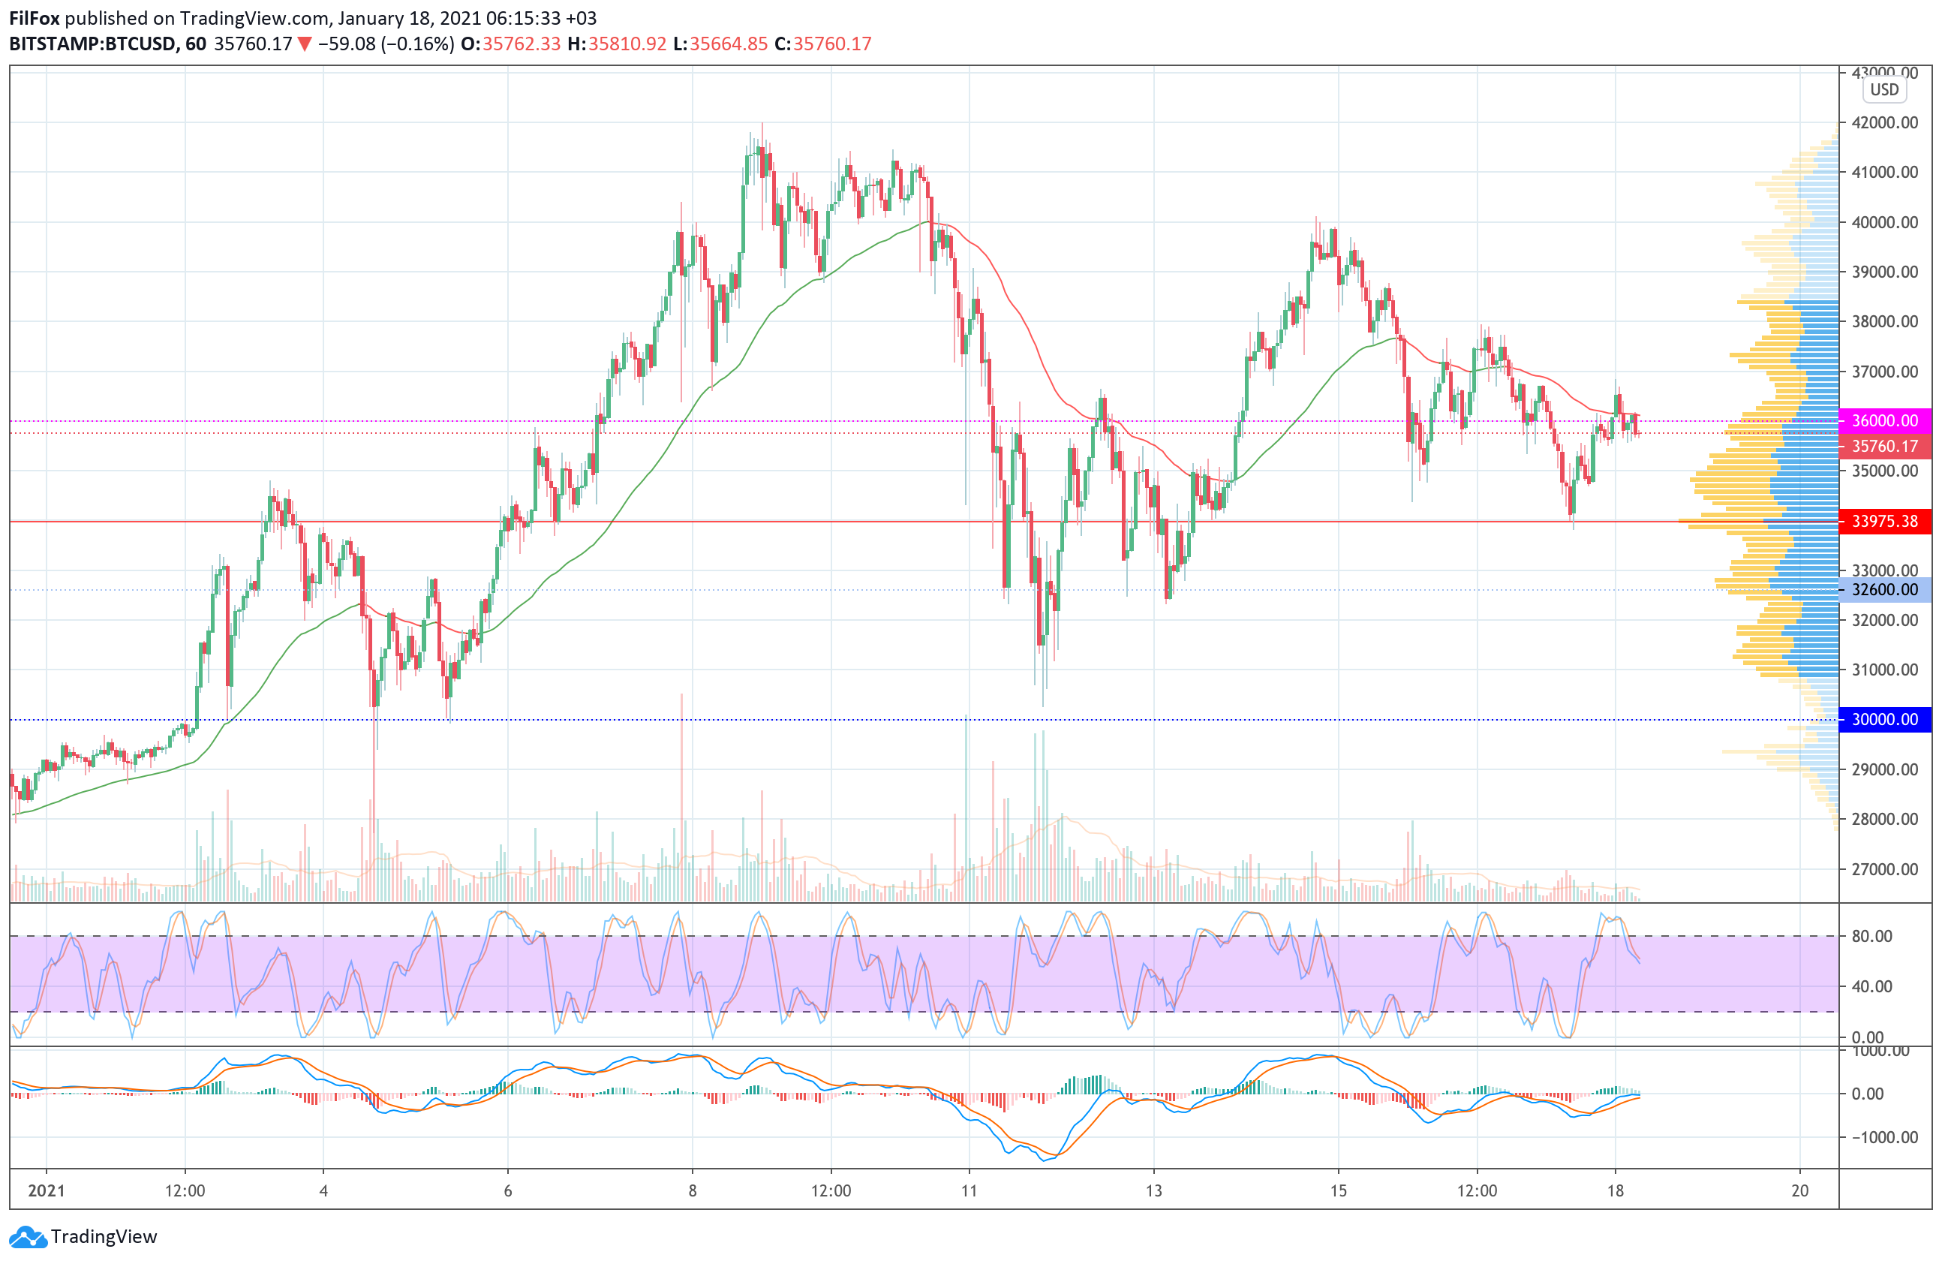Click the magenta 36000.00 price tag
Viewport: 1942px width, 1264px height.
(1884, 421)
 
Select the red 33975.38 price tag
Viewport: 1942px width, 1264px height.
(1884, 522)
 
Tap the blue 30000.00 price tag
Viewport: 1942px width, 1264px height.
(1884, 720)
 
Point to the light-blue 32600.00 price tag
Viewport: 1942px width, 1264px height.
(1884, 590)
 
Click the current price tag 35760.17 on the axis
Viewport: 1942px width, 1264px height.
(1884, 447)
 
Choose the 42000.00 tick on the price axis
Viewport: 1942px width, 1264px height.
(1884, 122)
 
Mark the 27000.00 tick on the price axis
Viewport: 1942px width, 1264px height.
(1884, 869)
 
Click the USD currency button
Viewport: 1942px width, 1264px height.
(1884, 90)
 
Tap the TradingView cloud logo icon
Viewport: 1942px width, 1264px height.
(28, 1237)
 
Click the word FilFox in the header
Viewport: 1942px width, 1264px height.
(35, 18)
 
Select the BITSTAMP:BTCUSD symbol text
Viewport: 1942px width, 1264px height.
(92, 44)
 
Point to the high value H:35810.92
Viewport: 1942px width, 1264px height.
(617, 44)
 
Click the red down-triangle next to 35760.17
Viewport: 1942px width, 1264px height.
(305, 44)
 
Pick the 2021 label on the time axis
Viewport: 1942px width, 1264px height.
(47, 1190)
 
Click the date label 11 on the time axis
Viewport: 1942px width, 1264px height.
(969, 1190)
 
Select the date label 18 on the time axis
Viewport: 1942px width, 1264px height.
(1615, 1190)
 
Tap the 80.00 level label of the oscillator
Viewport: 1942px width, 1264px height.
(1871, 936)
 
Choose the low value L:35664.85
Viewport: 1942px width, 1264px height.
(720, 44)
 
